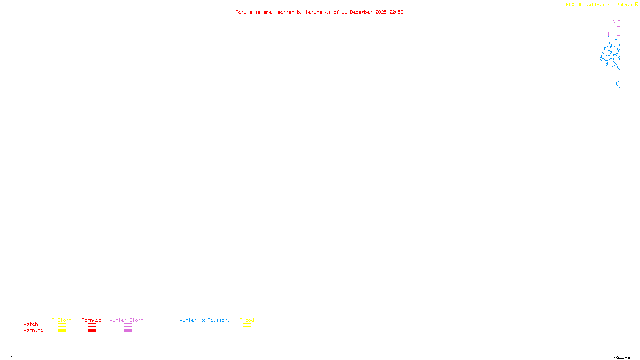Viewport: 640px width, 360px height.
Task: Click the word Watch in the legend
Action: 31,324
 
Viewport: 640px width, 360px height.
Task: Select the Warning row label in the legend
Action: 34,330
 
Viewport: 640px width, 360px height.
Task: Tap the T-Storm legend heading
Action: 62,320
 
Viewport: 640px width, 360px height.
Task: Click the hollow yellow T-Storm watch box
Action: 62,325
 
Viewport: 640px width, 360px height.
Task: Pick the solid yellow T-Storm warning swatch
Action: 62,331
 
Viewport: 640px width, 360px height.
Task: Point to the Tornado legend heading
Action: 92,320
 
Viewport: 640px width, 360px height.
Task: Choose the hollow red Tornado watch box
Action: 92,325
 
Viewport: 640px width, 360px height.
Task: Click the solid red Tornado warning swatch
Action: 92,331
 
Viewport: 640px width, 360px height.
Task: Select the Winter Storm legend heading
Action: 126,320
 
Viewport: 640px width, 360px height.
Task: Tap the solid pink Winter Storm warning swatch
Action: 128,331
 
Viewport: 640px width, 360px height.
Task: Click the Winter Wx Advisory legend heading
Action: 205,320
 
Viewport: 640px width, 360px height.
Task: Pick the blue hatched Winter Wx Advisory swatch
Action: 204,331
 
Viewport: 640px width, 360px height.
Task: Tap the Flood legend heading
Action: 247,320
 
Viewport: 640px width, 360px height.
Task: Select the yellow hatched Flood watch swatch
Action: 247,325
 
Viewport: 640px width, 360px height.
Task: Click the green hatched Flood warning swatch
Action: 247,331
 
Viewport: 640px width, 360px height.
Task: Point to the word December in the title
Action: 361,12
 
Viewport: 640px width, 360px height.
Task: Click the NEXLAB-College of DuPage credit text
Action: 600,5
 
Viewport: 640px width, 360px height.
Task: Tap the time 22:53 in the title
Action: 396,12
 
